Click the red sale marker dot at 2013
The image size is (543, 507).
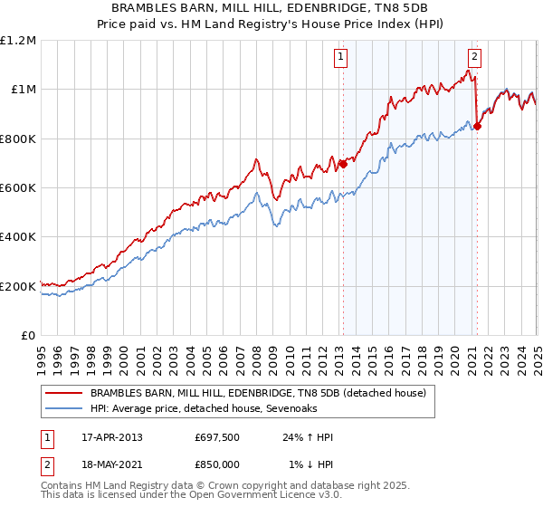(x=343, y=164)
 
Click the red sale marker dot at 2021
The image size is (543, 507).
(x=477, y=126)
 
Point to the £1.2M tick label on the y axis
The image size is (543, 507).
(x=18, y=41)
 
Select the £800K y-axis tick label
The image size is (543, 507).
(x=18, y=139)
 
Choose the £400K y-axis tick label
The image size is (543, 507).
(x=18, y=237)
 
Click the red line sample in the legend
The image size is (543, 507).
(x=64, y=394)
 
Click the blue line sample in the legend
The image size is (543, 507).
(x=64, y=409)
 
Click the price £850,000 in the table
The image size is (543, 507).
(x=217, y=464)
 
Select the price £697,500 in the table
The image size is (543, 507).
(x=217, y=437)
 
